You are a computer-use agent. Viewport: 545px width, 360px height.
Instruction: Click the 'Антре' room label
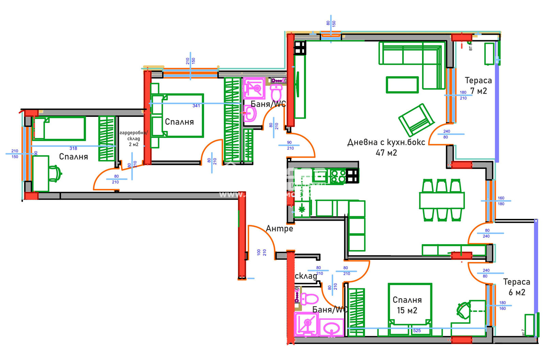(279, 229)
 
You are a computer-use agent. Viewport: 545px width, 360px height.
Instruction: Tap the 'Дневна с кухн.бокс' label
(386, 147)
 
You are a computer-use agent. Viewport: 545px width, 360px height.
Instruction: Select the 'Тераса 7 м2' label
(478, 85)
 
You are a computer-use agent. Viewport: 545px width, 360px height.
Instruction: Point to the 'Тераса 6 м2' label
(516, 287)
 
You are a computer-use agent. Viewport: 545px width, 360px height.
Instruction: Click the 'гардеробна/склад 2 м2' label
(134, 139)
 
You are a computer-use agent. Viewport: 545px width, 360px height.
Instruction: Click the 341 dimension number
(196, 106)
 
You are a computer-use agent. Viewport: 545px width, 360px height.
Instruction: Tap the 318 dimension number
(73, 148)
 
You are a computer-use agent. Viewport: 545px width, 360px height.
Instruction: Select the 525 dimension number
(417, 331)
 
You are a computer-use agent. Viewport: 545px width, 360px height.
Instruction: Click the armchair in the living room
(416, 120)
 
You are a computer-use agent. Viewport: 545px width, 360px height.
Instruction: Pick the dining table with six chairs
(442, 200)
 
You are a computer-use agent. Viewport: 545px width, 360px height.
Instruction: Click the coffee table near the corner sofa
(402, 85)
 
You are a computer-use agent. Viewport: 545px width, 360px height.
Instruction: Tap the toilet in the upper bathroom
(276, 92)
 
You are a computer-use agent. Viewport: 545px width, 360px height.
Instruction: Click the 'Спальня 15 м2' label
(407, 305)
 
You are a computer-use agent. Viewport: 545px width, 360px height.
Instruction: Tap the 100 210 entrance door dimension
(262, 252)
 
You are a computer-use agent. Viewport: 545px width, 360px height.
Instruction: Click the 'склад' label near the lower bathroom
(306, 276)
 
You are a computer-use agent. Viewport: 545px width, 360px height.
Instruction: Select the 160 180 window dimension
(501, 201)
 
